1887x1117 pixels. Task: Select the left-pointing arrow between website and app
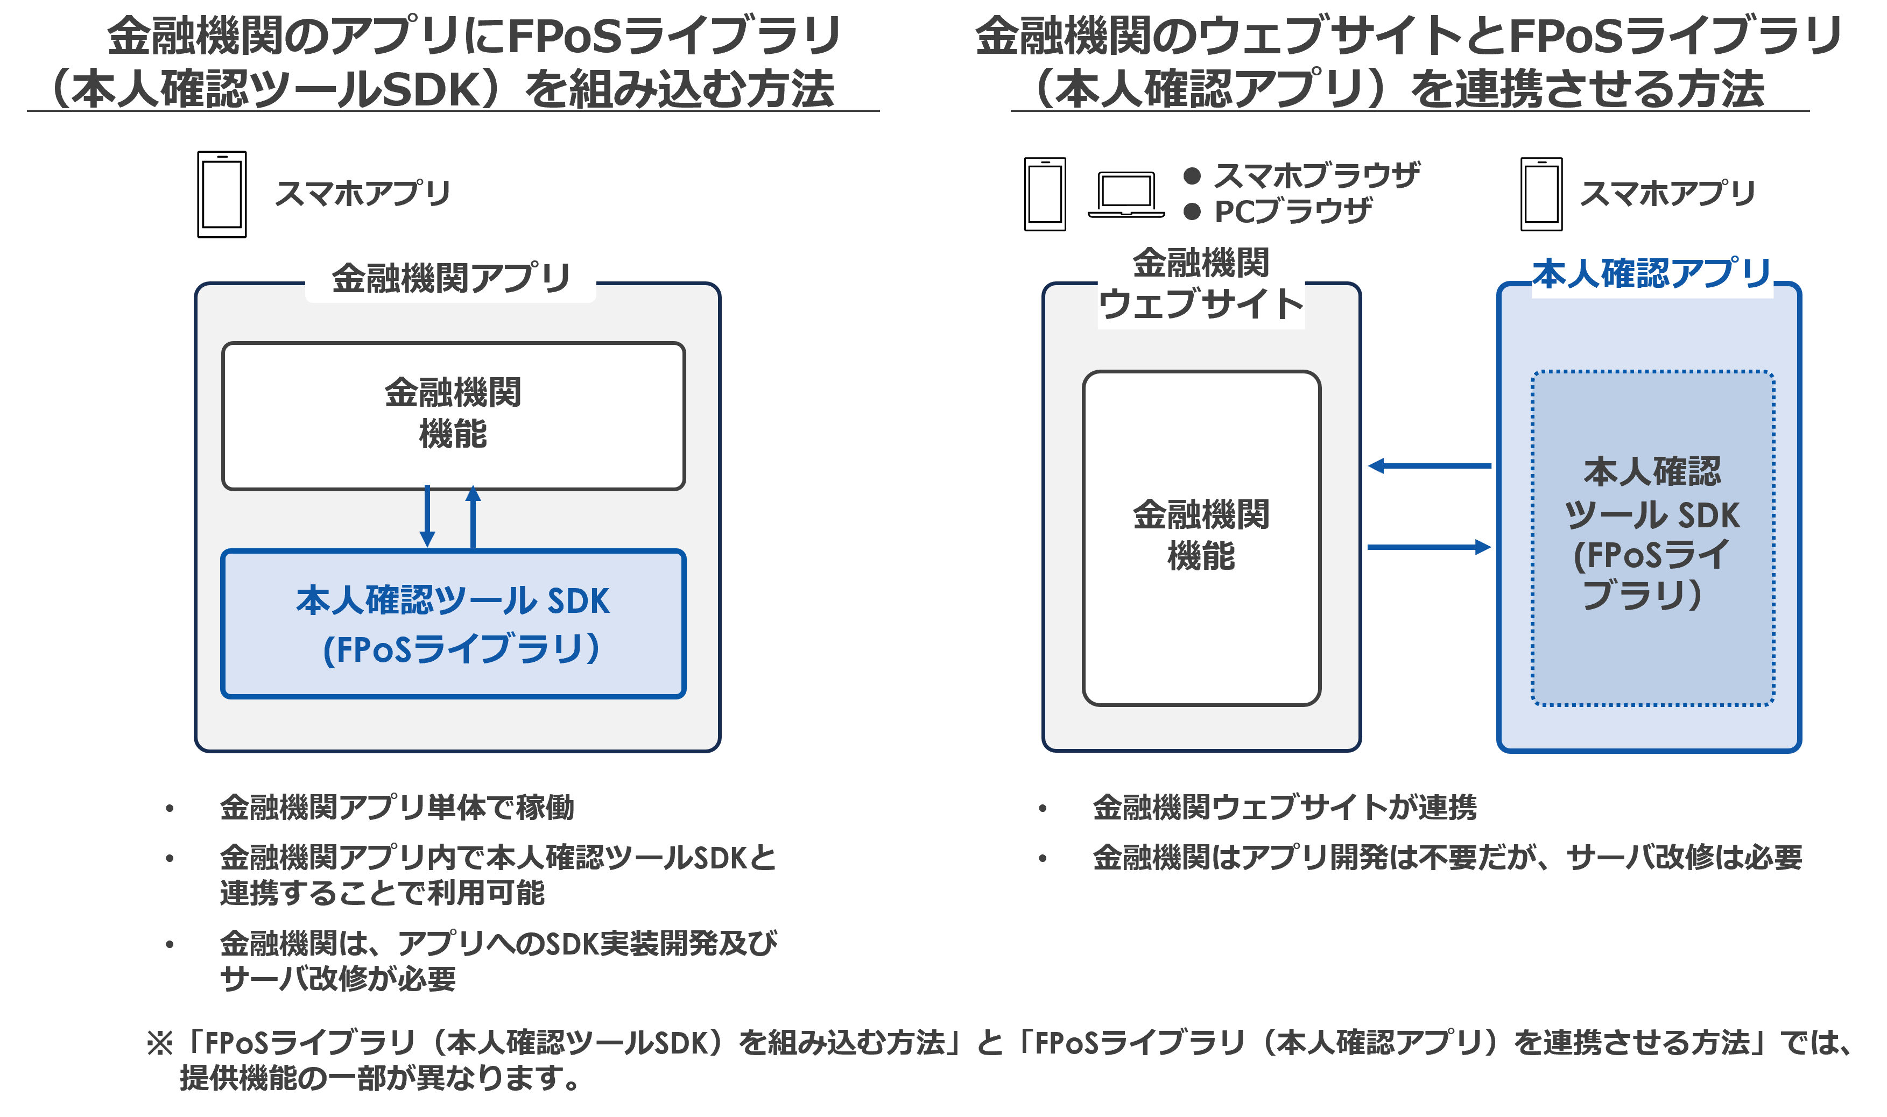click(x=1428, y=466)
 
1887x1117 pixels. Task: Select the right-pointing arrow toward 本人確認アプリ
click(x=1428, y=547)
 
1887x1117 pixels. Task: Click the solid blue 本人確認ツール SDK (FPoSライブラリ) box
click(x=453, y=624)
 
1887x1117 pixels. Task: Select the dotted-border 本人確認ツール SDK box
click(x=1652, y=538)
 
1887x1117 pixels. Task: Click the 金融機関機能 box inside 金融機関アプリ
click(x=453, y=415)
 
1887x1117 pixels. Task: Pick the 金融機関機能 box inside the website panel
click(x=1201, y=538)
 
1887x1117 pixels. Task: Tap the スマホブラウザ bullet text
click(x=1316, y=176)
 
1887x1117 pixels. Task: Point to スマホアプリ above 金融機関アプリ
click(x=363, y=194)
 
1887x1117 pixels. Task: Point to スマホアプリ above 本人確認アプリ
click(x=1667, y=194)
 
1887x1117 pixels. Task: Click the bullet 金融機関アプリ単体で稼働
click(x=397, y=808)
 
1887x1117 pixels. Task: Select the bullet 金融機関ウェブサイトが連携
click(x=1284, y=808)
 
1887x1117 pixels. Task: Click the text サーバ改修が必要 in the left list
click(x=338, y=979)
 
